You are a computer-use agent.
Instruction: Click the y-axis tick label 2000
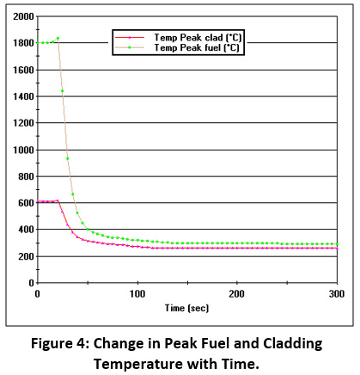[23, 16]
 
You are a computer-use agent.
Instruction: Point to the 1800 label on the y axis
[23, 43]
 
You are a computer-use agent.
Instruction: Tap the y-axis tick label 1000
[23, 150]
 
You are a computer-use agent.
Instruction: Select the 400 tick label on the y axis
[27, 230]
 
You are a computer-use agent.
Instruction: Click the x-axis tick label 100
[137, 294]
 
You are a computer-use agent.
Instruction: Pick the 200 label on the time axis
[237, 294]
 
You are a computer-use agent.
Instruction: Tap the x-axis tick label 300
[337, 294]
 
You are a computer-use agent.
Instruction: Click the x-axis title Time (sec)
[187, 308]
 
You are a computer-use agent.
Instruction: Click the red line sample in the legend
[130, 38]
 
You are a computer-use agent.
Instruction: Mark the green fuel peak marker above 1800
[58, 38]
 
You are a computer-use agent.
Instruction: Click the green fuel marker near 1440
[62, 91]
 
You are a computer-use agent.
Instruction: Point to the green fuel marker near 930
[68, 158]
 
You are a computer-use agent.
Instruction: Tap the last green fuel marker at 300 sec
[337, 244]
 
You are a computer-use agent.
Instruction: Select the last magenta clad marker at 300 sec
[337, 248]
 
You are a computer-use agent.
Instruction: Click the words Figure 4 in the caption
[60, 343]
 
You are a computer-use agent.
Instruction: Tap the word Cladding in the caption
[293, 344]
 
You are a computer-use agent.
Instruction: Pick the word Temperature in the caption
[138, 365]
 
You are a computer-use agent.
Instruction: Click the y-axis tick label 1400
[23, 96]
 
